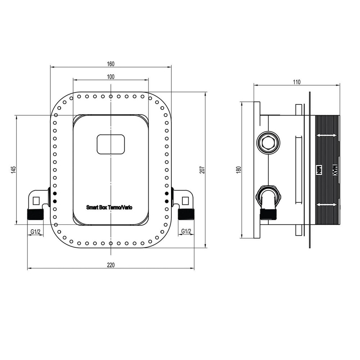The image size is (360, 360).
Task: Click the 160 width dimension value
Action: click(x=111, y=64)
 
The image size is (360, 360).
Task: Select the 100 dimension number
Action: click(x=111, y=76)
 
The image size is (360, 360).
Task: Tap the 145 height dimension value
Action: click(x=13, y=170)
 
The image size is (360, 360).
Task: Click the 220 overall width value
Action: click(x=111, y=265)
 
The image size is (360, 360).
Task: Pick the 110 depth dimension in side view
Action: click(x=296, y=82)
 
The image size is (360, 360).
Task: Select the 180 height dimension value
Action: click(x=238, y=170)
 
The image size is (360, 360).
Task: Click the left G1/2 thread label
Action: click(x=35, y=231)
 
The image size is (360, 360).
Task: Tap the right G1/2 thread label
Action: click(x=186, y=231)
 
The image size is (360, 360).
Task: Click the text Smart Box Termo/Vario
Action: click(x=109, y=207)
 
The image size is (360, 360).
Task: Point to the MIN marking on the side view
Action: click(x=319, y=170)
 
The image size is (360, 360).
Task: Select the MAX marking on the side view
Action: click(x=334, y=170)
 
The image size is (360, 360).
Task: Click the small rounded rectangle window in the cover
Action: click(x=111, y=144)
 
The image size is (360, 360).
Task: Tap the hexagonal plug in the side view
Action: click(x=268, y=143)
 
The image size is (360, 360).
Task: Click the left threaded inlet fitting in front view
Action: click(x=35, y=215)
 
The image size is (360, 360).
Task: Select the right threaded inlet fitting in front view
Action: click(x=186, y=215)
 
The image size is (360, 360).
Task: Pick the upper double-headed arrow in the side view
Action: click(x=327, y=136)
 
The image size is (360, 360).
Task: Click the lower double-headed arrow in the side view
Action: click(x=327, y=205)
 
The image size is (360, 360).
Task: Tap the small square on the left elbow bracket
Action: click(x=36, y=200)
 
